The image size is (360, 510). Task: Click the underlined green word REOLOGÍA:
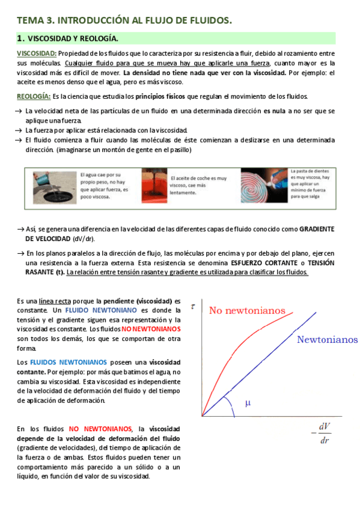click(33, 97)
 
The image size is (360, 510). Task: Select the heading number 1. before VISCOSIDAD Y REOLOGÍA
click(20, 38)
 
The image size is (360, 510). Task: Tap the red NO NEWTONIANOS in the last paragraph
click(100, 429)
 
